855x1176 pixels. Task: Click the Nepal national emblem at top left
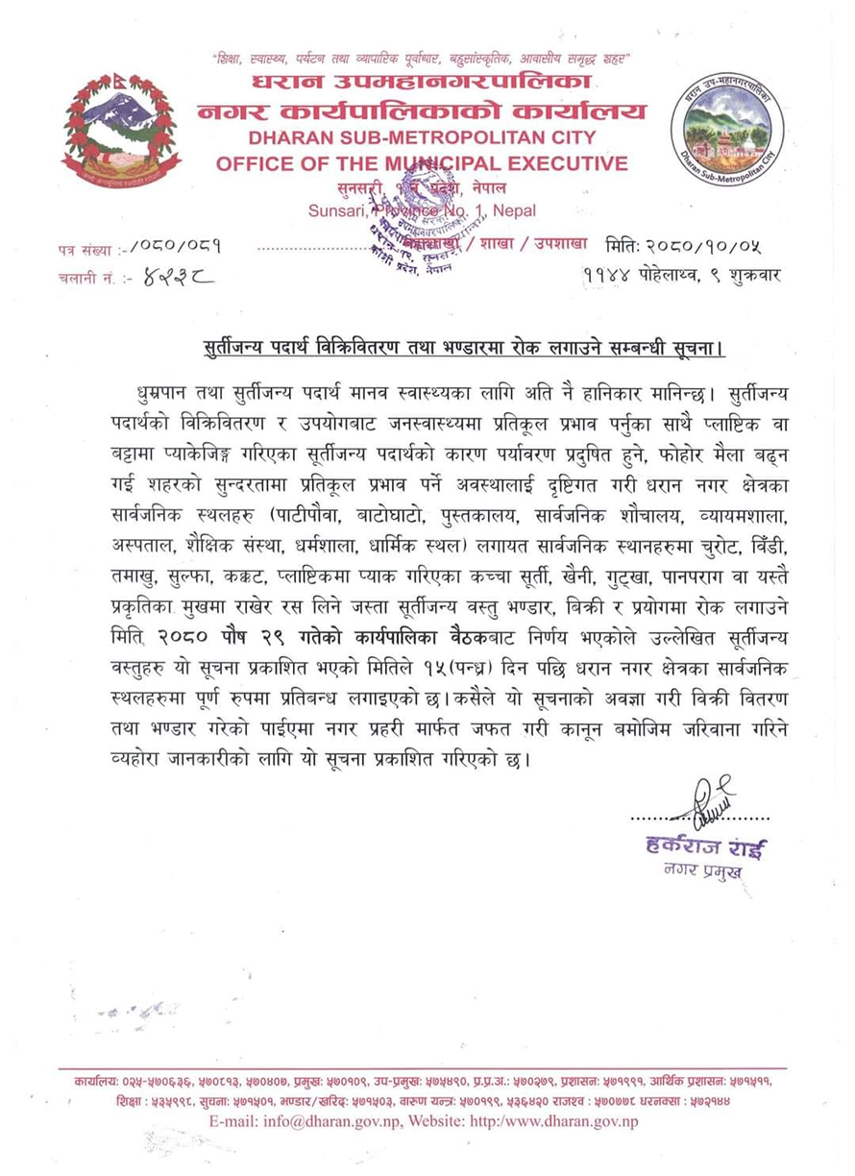[120, 132]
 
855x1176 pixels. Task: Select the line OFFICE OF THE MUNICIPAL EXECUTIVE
[423, 163]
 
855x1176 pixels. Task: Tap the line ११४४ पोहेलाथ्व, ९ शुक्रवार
[681, 276]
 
